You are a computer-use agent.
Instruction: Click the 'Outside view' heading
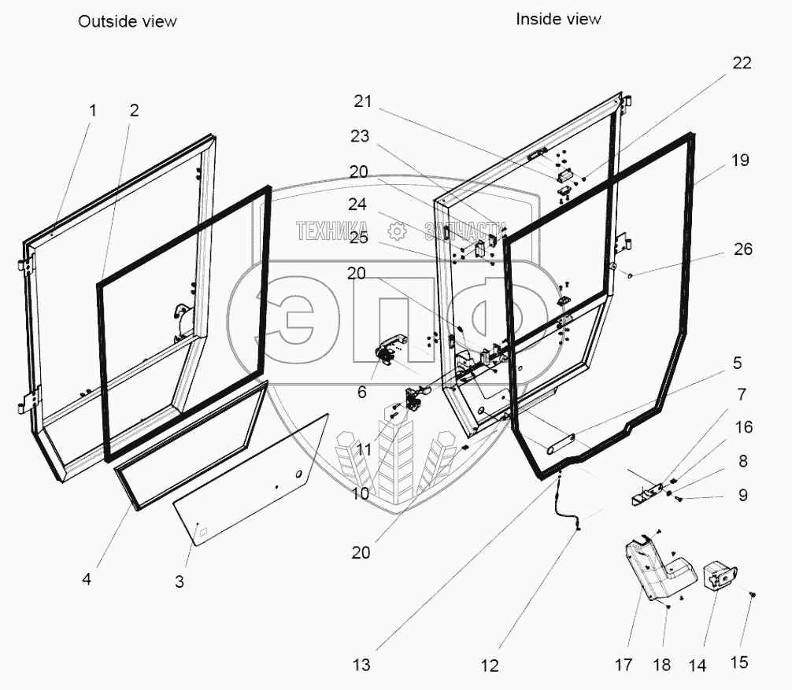coord(127,21)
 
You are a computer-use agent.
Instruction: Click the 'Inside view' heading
coord(558,18)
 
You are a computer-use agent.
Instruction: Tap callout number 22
coord(742,64)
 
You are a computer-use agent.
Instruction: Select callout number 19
coord(739,161)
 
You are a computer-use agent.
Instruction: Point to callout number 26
coord(742,249)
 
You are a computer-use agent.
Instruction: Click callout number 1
coord(92,111)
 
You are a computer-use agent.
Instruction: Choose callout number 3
coord(179,582)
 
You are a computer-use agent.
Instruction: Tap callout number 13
coord(361,665)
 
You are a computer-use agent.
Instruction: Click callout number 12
coord(490,666)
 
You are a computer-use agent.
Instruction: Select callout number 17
coord(623,665)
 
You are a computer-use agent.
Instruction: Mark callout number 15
coord(738,662)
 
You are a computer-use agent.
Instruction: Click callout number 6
coord(361,391)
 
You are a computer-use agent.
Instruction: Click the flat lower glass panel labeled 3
coord(252,480)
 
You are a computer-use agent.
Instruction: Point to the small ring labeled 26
coord(631,275)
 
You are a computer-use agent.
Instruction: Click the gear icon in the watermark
coord(397,231)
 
